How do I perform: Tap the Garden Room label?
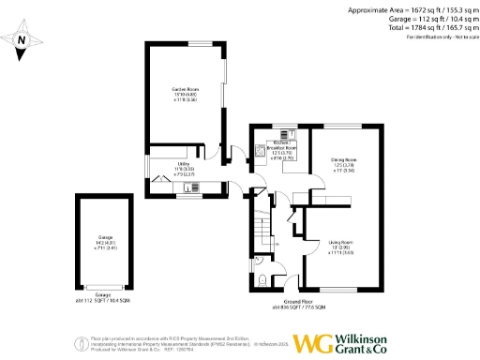tap(183, 92)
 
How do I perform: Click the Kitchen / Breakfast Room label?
tap(277, 150)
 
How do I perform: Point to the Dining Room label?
tap(346, 165)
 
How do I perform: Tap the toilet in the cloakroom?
tap(263, 277)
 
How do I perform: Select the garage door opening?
tap(104, 287)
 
